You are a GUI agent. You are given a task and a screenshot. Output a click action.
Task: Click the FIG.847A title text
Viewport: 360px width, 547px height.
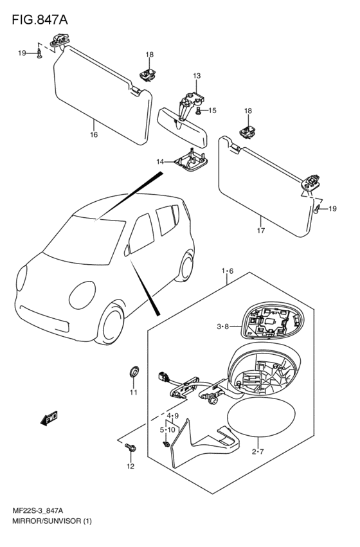40,20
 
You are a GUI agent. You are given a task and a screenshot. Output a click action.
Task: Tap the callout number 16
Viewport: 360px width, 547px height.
94,134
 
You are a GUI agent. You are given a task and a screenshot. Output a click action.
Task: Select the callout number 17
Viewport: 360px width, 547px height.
260,230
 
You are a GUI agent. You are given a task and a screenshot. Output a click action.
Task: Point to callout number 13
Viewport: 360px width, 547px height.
197,76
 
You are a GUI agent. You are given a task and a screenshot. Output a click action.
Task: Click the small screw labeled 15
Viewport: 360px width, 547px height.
199,111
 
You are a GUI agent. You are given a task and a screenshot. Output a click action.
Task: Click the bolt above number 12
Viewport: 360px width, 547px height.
130,447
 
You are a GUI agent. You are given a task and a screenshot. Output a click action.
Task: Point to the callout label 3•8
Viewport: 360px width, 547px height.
222,327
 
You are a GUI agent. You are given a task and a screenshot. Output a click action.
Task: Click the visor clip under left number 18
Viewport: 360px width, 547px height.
148,75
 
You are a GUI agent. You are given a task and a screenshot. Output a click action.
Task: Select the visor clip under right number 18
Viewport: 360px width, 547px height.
248,131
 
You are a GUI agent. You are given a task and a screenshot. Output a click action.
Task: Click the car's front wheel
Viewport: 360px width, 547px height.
111,325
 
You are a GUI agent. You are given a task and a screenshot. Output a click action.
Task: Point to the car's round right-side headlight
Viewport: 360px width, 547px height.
82,295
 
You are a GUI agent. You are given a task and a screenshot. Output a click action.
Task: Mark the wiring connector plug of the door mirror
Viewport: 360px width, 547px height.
162,377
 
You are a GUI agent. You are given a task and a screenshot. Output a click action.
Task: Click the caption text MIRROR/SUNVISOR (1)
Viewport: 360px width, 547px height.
51,521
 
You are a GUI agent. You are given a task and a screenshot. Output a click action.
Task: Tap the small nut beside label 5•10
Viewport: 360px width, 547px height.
166,444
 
